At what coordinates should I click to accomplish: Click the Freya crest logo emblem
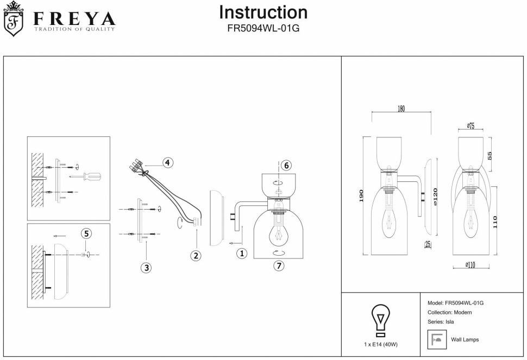[x=14, y=20]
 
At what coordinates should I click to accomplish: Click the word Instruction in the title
[x=263, y=12]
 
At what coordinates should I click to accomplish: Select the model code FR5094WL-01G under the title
[x=263, y=29]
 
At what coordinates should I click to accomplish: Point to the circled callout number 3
[x=146, y=267]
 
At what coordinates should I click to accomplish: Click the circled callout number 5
[x=86, y=233]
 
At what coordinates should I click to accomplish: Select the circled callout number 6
[x=287, y=165]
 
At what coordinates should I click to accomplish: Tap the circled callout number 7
[x=279, y=266]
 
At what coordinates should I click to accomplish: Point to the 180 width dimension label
[x=401, y=109]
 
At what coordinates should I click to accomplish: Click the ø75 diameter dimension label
[x=470, y=127]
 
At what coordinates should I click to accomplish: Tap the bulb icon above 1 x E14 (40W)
[x=380, y=320]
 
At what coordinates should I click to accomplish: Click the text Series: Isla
[x=441, y=322]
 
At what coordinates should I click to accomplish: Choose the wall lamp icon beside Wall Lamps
[x=436, y=340]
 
